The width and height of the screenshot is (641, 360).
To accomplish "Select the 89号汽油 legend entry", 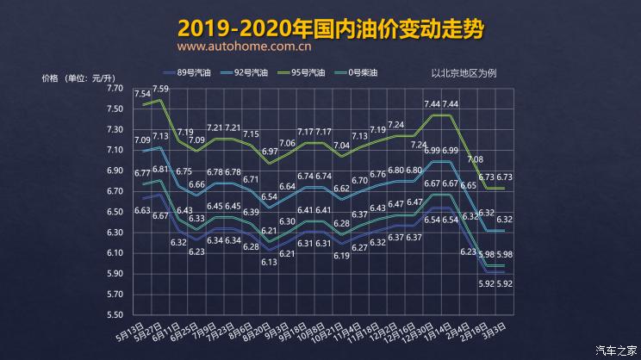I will (x=190, y=72).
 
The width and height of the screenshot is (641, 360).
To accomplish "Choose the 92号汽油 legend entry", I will (x=247, y=72).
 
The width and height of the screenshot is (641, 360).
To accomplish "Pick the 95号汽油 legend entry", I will (x=304, y=72).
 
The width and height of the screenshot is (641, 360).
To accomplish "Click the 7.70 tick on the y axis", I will (x=115, y=88).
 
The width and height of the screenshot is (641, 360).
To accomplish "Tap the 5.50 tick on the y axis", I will (x=115, y=315).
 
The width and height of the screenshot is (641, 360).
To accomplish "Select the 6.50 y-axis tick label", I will (x=115, y=212).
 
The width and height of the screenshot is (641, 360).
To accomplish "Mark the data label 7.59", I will (x=160, y=88).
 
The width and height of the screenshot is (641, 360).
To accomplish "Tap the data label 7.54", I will (x=142, y=93).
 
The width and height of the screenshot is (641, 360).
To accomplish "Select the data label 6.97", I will (x=271, y=151).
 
